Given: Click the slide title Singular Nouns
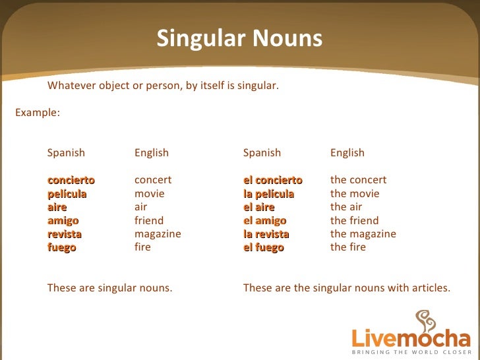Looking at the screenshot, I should pos(239,39).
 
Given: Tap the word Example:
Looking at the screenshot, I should pos(38,112).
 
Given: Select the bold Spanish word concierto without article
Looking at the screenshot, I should pos(71,180).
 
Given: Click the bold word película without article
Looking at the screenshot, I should pos(67,194).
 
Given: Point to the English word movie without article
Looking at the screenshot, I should pos(150,194).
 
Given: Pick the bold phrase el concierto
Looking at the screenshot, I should pos(272,180).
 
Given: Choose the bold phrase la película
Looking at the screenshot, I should pos(268,194).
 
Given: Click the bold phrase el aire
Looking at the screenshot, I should pos(258,207).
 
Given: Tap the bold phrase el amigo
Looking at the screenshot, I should pos(264,221).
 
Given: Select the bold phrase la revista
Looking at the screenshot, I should pos(266,234).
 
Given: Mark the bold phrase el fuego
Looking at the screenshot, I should pos(263,248).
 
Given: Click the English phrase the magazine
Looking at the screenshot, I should pos(363,234).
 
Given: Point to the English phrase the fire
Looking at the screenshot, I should pos(347,248).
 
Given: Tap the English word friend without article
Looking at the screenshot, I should pos(149,221).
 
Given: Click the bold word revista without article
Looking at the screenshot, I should pos(65,234).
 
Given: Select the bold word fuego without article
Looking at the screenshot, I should pos(62,248).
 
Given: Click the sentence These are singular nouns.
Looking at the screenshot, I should pos(109,287).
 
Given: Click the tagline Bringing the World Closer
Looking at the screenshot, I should pos(410,353).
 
